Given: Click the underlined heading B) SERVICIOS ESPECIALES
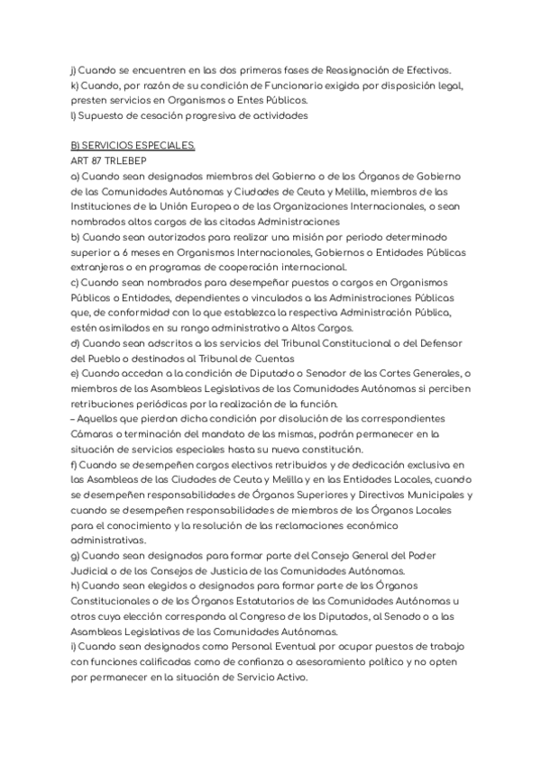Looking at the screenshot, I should [132, 146].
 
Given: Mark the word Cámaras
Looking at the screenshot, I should [94, 435].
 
